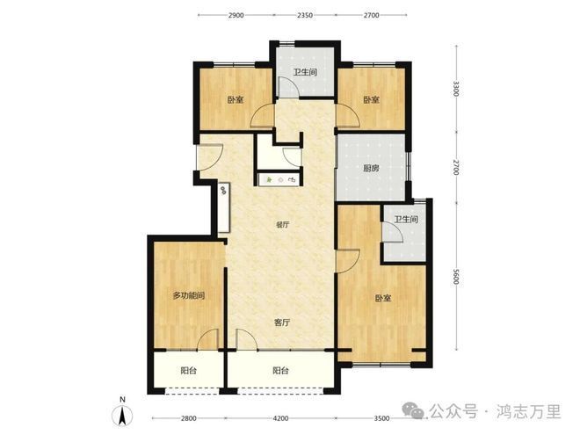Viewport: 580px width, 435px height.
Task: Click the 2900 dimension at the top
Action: pos(236,15)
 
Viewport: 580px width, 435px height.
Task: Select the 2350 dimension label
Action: pos(305,15)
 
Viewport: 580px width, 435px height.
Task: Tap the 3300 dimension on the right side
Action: pos(456,89)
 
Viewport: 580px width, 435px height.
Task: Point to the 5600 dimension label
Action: pos(456,276)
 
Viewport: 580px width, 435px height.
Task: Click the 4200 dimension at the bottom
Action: pos(280,418)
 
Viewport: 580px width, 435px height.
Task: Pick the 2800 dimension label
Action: pos(188,418)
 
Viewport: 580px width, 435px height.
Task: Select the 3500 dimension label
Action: pos(381,418)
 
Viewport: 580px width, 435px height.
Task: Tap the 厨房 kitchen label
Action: pos(371,169)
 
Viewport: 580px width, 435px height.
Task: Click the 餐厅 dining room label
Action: pos(282,224)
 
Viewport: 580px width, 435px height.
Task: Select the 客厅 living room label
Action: pos(282,323)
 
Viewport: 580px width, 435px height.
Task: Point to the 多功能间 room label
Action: pos(189,295)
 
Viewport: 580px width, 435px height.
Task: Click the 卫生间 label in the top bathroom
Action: pos(305,72)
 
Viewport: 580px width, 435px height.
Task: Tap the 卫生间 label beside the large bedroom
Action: pos(406,220)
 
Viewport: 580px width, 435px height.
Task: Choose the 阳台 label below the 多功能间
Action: pos(188,370)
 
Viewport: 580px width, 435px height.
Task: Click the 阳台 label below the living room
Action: pos(280,370)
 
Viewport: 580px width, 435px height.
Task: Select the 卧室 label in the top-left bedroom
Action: pos(236,99)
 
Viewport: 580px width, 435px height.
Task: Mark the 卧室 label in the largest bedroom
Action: pos(383,298)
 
